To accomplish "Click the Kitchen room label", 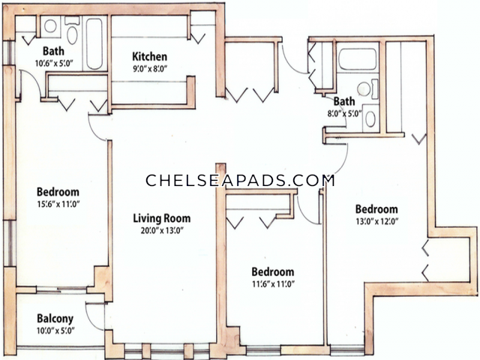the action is (x=150, y=57).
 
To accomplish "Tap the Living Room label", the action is (x=162, y=218).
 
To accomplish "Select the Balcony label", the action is (x=55, y=319).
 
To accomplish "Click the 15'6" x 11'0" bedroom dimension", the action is (x=58, y=204).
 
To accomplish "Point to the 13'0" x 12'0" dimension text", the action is (x=376, y=221).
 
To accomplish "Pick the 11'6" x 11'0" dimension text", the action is (x=273, y=283).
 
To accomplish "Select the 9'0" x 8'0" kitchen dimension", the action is (x=150, y=68).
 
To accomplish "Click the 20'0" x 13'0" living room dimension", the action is (x=162, y=230).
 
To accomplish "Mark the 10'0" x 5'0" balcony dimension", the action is (x=55, y=331).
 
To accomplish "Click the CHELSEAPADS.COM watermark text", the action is (x=240, y=180).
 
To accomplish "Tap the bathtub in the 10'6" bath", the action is (x=94, y=43).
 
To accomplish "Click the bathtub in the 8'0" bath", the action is (x=357, y=59).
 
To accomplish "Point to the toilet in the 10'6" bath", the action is (x=72, y=31).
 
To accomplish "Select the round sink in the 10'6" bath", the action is (x=50, y=26).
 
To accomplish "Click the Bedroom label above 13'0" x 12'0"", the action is (x=376, y=209).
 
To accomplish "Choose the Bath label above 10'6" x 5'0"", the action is (x=53, y=51).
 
